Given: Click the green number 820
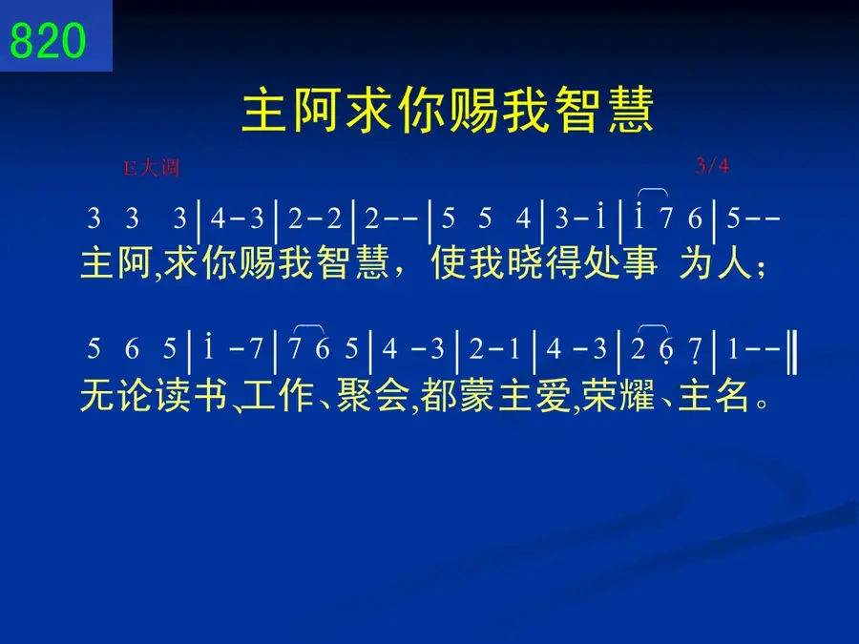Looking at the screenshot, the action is (x=49, y=40).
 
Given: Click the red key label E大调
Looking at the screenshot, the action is (x=152, y=168).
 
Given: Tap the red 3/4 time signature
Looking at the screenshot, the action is (x=712, y=165).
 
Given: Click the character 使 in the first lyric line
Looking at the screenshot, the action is (x=450, y=262).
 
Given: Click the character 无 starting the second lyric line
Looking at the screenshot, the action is (x=98, y=395).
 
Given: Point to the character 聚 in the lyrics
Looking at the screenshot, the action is (x=354, y=395).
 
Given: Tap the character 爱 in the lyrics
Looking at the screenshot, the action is (x=554, y=395).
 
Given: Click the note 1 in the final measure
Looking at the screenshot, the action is (x=733, y=349).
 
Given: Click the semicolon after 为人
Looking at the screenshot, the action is (x=761, y=269).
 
